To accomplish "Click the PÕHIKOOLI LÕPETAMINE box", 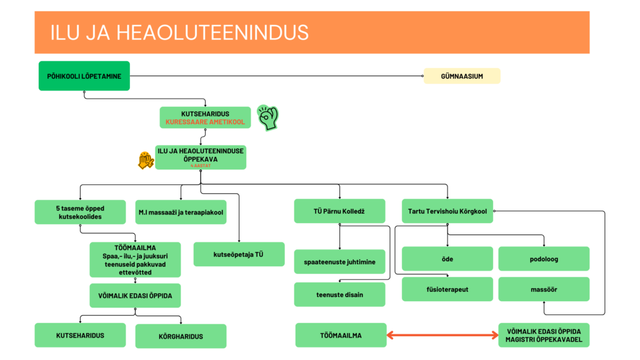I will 84,76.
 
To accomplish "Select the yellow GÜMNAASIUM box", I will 462,76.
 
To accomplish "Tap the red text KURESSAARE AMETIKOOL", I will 205,122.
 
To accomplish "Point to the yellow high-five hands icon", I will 146,161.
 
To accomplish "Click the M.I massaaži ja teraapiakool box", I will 181,212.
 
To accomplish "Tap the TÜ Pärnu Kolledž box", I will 339,211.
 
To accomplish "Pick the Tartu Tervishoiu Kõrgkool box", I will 447,211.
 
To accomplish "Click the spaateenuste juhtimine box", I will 339,261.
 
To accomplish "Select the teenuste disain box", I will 339,294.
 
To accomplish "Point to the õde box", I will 447,259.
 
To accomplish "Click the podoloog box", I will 543,259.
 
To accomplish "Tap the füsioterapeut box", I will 447,289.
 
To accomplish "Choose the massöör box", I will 543,289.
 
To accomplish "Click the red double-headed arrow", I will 442,336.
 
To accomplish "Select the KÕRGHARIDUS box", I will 181,336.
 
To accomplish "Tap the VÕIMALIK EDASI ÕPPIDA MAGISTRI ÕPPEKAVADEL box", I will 543,335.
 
